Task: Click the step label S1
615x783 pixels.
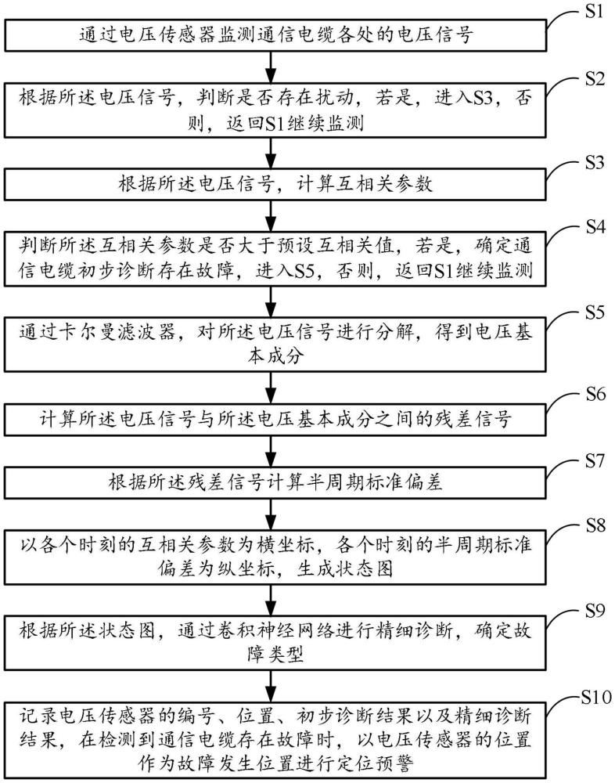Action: coord(595,11)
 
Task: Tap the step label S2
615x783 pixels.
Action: coord(595,78)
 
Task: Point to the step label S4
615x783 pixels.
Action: coord(595,227)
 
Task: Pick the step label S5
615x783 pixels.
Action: coord(595,312)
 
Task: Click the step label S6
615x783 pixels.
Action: coord(595,395)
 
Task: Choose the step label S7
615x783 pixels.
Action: coord(595,460)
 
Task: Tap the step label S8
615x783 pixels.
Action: coord(595,525)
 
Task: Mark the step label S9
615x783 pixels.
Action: coord(595,610)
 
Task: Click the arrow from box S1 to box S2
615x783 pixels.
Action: coord(271,67)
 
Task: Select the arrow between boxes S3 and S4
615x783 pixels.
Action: coord(271,215)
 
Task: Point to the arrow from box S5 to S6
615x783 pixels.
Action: coord(271,387)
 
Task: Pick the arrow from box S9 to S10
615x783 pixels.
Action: coord(271,686)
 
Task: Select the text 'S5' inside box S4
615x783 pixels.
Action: coord(304,271)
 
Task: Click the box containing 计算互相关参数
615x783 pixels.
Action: coord(275,184)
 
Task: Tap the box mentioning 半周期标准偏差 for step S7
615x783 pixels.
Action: coord(275,482)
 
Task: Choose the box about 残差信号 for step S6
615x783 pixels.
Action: coord(275,418)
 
